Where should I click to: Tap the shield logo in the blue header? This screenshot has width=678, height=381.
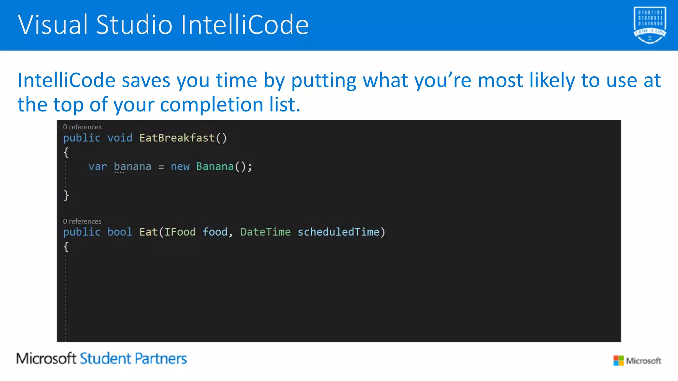click(650, 25)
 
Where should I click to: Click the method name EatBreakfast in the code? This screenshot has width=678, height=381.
click(177, 138)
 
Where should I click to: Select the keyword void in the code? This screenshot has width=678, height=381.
click(120, 138)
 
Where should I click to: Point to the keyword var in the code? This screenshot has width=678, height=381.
click(98, 166)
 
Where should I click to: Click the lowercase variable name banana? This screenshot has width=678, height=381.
click(132, 166)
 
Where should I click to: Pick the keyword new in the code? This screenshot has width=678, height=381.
click(180, 166)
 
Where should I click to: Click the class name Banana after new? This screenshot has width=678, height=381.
click(215, 166)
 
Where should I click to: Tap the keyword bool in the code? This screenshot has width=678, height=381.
click(120, 232)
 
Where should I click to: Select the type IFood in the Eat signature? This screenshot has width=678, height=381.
click(180, 232)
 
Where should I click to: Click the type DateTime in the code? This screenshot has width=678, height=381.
click(265, 232)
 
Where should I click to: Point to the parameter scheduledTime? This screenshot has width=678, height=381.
click(338, 232)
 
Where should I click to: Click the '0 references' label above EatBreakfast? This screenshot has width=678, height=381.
click(82, 127)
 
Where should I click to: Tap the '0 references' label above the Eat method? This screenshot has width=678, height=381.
click(82, 222)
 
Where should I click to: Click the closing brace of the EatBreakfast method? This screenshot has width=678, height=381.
click(66, 195)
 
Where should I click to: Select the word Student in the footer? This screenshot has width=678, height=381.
click(106, 359)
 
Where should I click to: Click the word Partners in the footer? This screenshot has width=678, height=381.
click(161, 359)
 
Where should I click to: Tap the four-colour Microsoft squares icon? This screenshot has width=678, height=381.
click(618, 360)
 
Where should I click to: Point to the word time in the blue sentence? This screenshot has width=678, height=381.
click(236, 80)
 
